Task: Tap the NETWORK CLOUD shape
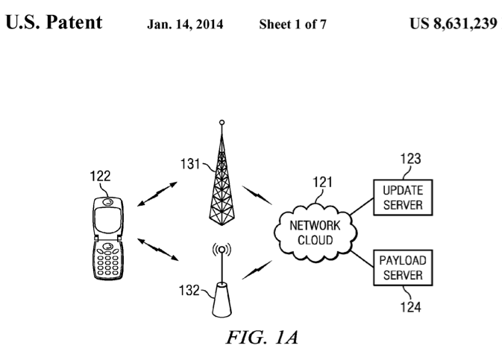(316, 233)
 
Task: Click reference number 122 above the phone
(100, 176)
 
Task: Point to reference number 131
(190, 164)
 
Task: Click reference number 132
(189, 290)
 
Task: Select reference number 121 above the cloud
(322, 182)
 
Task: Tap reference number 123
(411, 159)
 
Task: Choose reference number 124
(411, 307)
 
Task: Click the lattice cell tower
(222, 179)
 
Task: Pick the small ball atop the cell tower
(222, 122)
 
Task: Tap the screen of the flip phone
(108, 220)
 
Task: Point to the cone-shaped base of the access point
(222, 300)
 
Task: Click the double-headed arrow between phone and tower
(157, 194)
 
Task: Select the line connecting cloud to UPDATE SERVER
(362, 206)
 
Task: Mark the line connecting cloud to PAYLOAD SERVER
(362, 259)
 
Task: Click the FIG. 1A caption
(263, 338)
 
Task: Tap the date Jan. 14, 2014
(185, 25)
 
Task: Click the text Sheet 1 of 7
(292, 25)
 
